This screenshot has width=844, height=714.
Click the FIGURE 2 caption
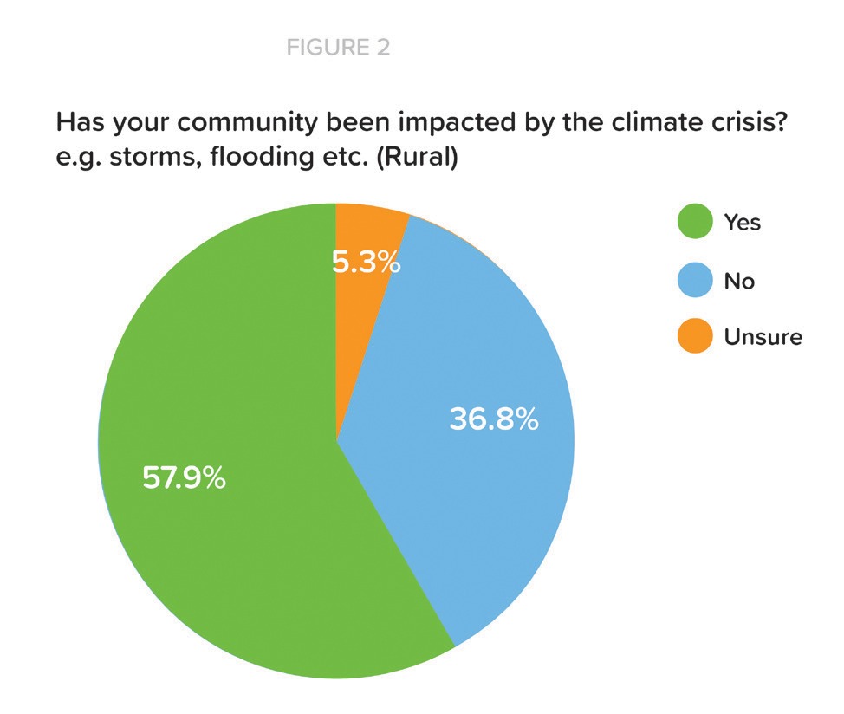(338, 48)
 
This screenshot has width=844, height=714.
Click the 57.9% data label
(184, 477)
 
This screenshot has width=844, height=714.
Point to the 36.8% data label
(494, 419)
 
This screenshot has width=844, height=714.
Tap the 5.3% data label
(366, 263)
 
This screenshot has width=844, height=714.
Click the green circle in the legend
(696, 221)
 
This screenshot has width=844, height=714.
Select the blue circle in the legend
(696, 280)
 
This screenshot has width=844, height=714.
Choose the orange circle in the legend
(696, 336)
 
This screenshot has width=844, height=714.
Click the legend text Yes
(743, 222)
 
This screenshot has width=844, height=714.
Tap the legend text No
(739, 281)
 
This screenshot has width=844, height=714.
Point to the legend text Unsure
(763, 337)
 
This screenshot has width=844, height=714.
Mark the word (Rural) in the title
(417, 157)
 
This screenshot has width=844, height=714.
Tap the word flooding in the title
(263, 157)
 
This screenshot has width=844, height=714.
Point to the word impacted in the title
(457, 123)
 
